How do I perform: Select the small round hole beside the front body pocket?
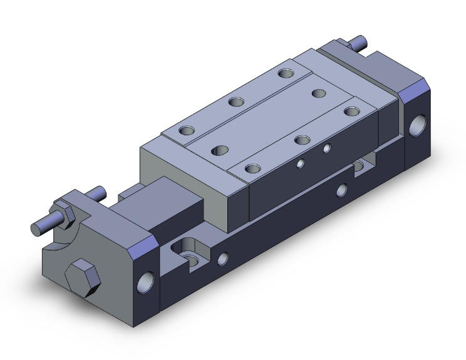tap(222, 257)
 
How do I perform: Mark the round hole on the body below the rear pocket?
tap(341, 189)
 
